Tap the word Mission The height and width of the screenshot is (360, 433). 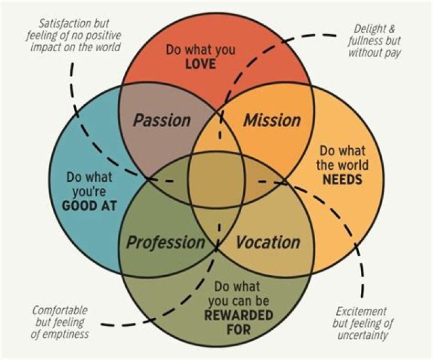tap(271, 120)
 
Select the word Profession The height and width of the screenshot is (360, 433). tap(165, 243)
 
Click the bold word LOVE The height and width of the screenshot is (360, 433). tap(200, 63)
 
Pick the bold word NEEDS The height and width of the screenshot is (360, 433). tap(341, 179)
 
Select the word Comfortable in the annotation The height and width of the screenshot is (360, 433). tap(60, 311)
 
